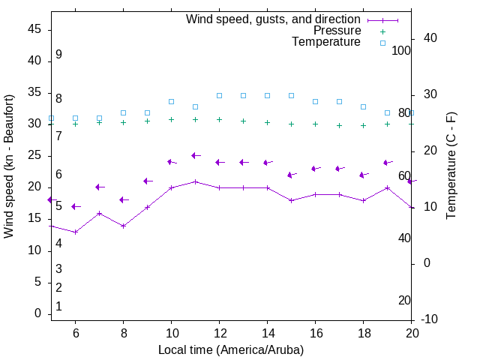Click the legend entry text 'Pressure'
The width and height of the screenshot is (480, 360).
337,31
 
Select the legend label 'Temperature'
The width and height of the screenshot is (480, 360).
326,42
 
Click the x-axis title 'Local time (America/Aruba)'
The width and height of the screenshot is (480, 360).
231,349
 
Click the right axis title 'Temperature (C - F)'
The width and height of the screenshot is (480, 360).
451,166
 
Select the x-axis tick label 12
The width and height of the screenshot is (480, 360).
220,332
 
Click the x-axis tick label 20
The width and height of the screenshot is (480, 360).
412,332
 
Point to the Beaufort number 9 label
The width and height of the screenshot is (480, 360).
58,55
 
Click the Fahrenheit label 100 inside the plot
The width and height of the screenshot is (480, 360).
401,50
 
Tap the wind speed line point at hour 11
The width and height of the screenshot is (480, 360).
196,181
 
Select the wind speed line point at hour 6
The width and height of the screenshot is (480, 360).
76,232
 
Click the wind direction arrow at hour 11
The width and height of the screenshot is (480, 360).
196,155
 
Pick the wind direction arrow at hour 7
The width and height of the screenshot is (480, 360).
99,187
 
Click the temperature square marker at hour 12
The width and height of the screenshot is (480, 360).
220,95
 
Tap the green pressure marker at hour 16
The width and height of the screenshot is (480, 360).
316,124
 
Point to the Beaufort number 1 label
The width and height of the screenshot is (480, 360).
58,307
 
